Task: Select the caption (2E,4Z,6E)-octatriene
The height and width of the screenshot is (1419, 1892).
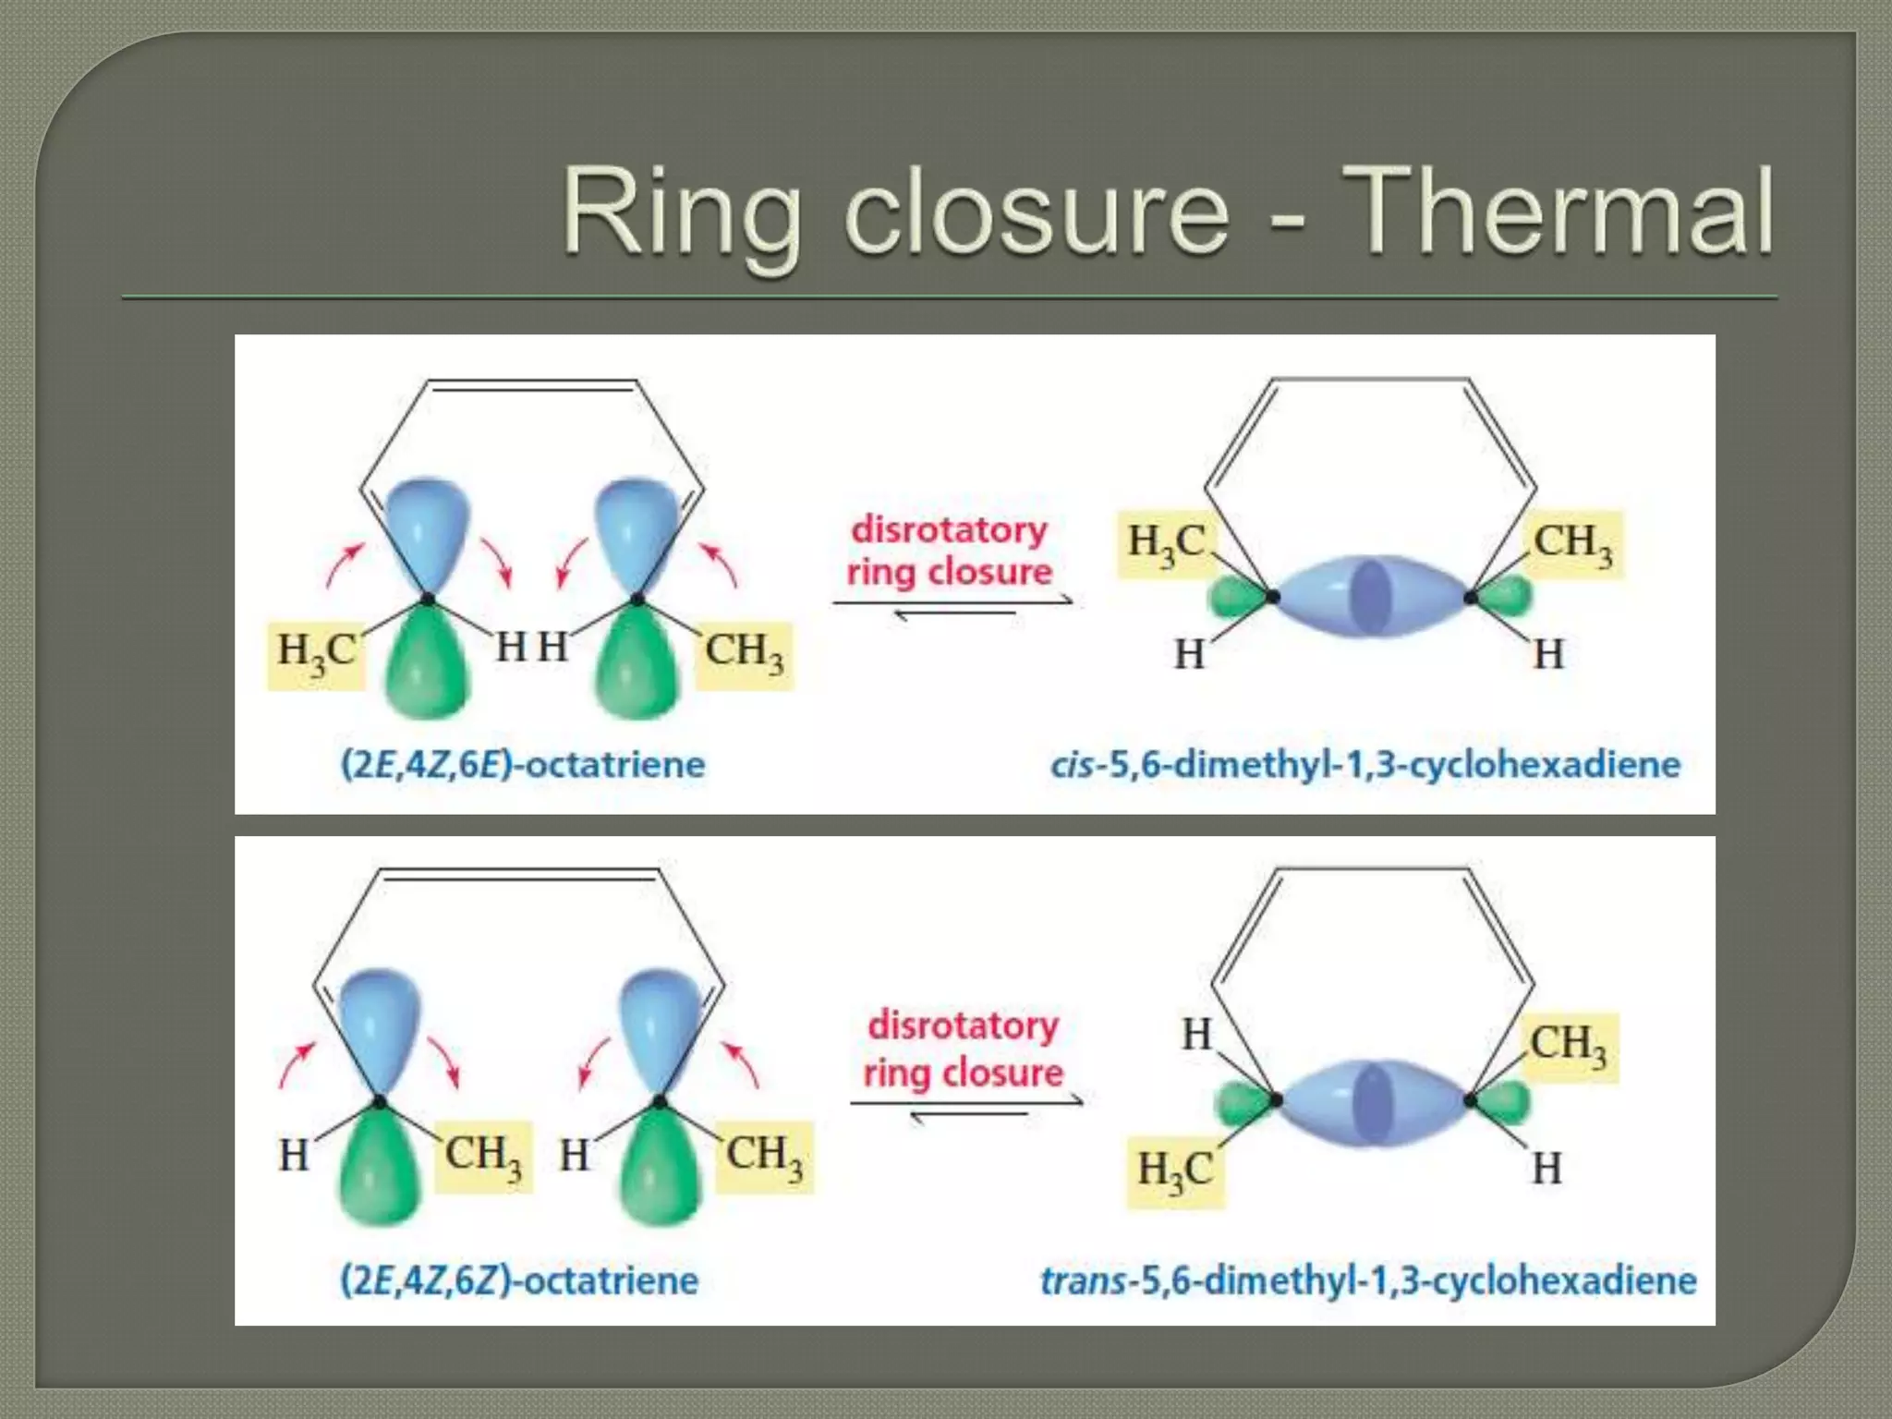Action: pyautogui.click(x=523, y=765)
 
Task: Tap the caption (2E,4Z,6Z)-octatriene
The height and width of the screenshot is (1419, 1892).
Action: pyautogui.click(x=520, y=1280)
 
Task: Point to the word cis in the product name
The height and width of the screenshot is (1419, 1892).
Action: pyautogui.click(x=1073, y=765)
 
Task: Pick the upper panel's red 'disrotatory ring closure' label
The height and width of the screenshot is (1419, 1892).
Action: pyautogui.click(x=950, y=551)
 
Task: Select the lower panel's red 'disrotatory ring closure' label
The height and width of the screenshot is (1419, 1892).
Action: pyautogui.click(x=963, y=1049)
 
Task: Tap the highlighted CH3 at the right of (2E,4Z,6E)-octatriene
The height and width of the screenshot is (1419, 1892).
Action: pyautogui.click(x=745, y=650)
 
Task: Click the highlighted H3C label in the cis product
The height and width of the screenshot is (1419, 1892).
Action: pyautogui.click(x=1166, y=542)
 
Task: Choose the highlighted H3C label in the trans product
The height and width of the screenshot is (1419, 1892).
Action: pyautogui.click(x=1175, y=1170)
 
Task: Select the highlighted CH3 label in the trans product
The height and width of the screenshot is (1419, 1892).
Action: pyautogui.click(x=1569, y=1045)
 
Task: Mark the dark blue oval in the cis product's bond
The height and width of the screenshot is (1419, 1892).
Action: pyautogui.click(x=1371, y=596)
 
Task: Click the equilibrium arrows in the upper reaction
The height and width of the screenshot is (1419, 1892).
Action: pyautogui.click(x=953, y=607)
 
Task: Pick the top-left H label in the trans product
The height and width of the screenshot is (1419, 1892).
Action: pyautogui.click(x=1196, y=1035)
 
